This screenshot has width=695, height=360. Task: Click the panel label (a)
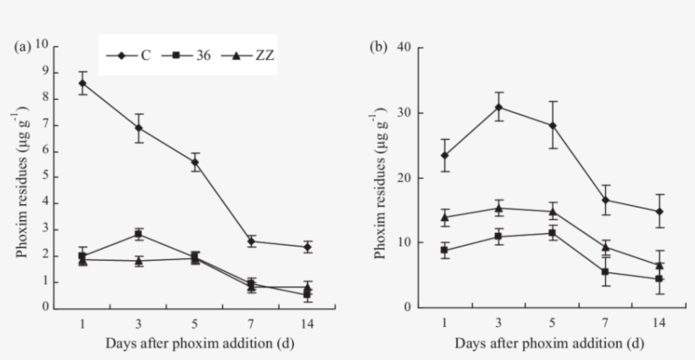tap(25, 47)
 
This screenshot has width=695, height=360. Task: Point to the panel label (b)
tap(381, 47)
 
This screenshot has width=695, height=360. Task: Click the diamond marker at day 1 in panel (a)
tap(83, 83)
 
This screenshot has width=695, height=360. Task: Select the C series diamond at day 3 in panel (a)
tap(139, 128)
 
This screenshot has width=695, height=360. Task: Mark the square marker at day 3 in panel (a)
tap(139, 234)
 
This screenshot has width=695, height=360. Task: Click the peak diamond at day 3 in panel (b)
tap(499, 107)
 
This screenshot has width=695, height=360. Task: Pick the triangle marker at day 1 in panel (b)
tap(444, 217)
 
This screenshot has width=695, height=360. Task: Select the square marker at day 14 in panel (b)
tap(660, 279)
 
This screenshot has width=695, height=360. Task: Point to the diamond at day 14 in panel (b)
tap(660, 212)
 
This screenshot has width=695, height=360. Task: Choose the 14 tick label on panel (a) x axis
tap(307, 324)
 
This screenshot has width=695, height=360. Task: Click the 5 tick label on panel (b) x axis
tap(553, 324)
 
